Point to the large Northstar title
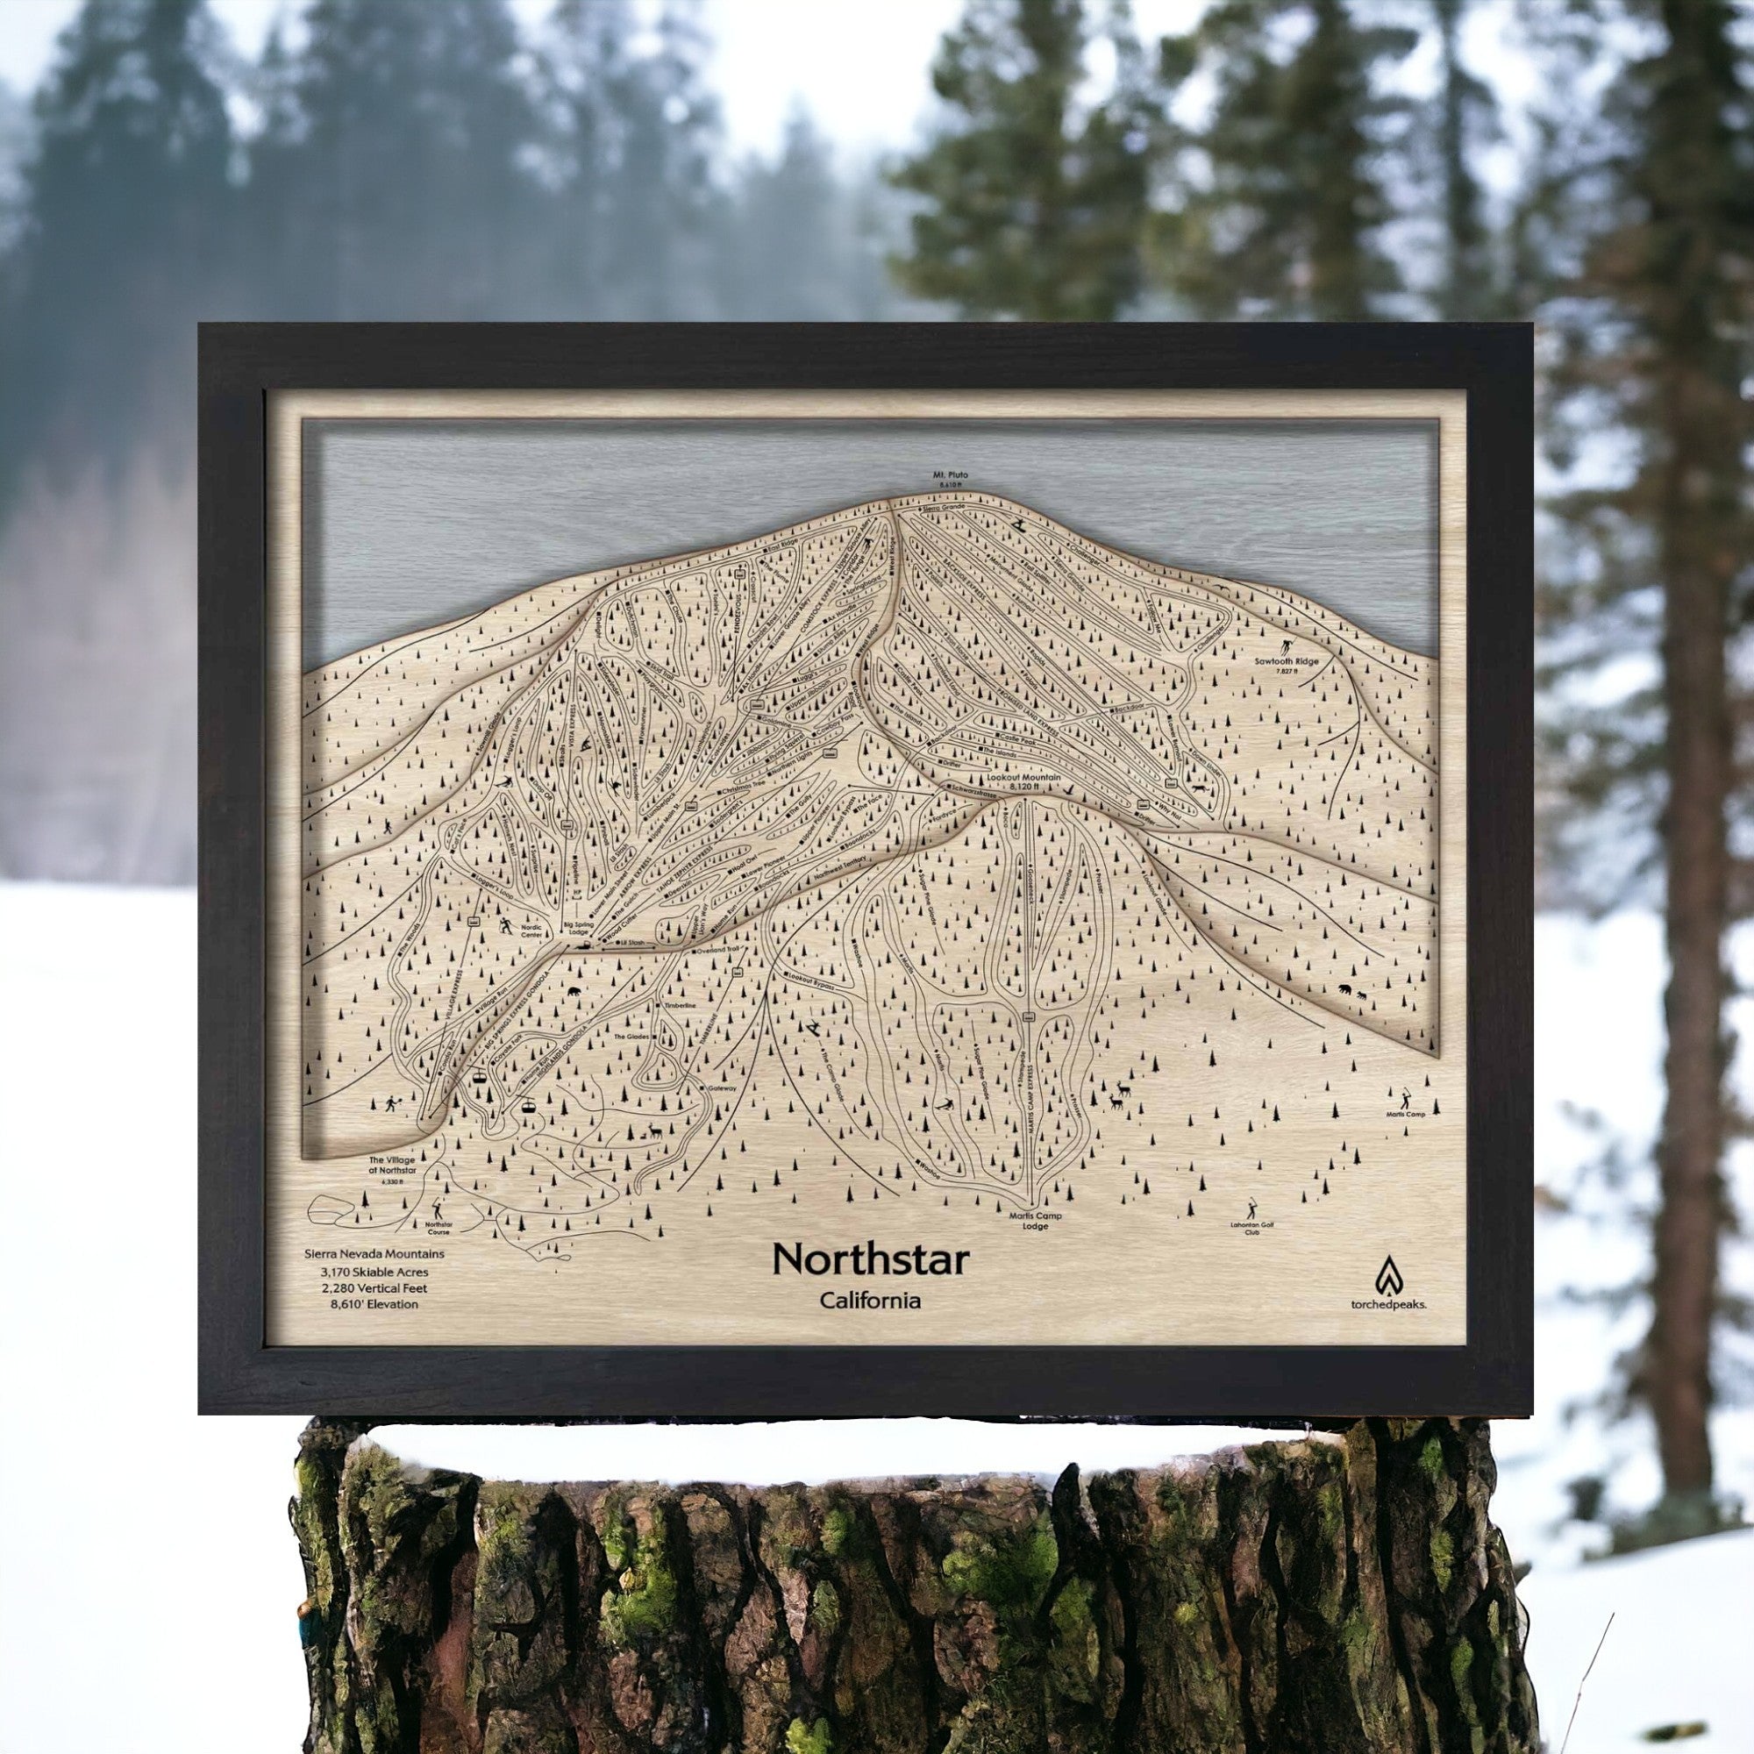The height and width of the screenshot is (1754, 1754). coord(870,1259)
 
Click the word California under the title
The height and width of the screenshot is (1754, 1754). coord(870,1300)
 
